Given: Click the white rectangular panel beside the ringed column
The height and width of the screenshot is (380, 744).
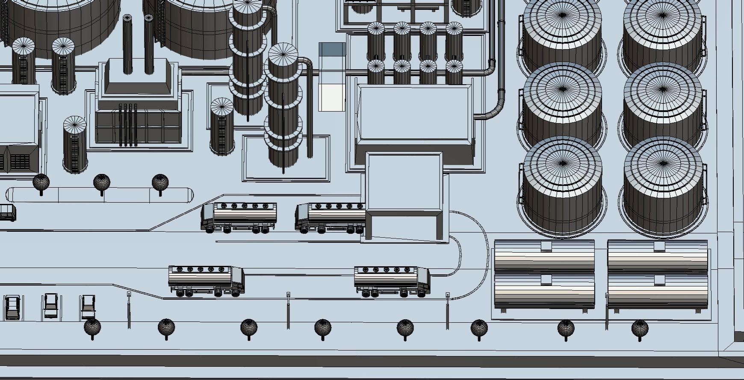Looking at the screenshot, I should pos(331,97).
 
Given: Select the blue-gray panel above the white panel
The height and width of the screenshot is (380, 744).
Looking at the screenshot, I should pos(332,49).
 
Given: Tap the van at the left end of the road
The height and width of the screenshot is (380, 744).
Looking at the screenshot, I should pos(7,212).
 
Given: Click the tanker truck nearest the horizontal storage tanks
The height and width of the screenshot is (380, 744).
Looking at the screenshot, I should pos(392,281).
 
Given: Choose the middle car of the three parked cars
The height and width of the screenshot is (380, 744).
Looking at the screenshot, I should pos(51,305).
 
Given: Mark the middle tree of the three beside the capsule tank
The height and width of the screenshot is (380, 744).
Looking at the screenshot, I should pos(101,183).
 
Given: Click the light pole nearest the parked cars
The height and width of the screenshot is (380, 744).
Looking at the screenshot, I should pos(129,310).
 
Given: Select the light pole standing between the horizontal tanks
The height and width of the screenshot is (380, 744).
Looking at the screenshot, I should pos(607,311).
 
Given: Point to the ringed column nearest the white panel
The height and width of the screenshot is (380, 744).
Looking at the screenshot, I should pos(283,111).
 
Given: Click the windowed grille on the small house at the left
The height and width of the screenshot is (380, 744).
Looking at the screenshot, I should pos(20,162).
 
